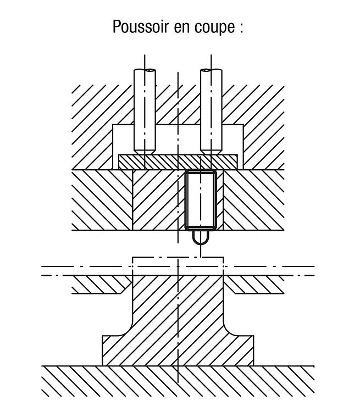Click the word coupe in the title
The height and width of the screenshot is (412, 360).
pyautogui.click(x=214, y=27)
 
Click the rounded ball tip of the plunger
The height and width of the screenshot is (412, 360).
pyautogui.click(x=201, y=237)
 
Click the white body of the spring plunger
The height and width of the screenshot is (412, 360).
pyautogui.click(x=201, y=200)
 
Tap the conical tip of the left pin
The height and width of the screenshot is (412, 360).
pyautogui.click(x=145, y=152)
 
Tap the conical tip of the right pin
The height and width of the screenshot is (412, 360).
pyautogui.click(x=211, y=152)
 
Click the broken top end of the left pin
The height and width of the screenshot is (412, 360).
pyautogui.click(x=145, y=70)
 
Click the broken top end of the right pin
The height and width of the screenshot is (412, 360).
pyautogui.click(x=211, y=70)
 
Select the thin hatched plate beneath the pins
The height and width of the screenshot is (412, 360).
pyautogui.click(x=178, y=162)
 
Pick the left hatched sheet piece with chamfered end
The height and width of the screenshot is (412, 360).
pyautogui.click(x=101, y=285)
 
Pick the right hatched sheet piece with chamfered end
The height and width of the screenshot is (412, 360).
pyautogui.click(x=255, y=285)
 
